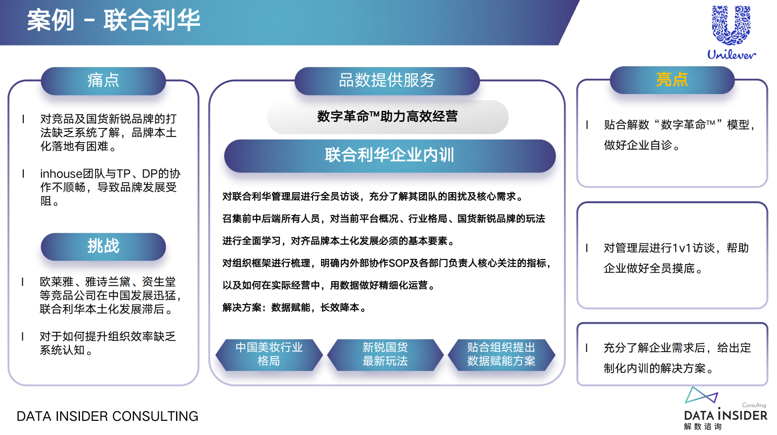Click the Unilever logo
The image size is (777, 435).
pos(731,32)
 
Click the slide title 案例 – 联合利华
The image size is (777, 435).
pos(113,20)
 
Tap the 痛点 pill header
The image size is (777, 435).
pos(103,81)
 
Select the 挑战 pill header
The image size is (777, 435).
pos(103,247)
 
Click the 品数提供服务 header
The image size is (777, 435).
pos(387,81)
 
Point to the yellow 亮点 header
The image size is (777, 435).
pos(672,80)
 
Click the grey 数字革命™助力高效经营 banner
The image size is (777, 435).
pos(387,117)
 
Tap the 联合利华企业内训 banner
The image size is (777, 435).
pos(390,156)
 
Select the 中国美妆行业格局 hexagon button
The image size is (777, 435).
pos(269,355)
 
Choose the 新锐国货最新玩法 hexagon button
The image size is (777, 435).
pos(385,355)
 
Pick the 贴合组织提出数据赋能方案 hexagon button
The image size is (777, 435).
pos(501,355)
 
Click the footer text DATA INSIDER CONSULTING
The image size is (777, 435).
pos(108,416)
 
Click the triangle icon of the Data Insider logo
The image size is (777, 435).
pos(700,396)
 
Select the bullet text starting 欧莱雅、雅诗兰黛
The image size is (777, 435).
pos(110,295)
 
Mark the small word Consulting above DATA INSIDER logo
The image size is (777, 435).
pos(754,405)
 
